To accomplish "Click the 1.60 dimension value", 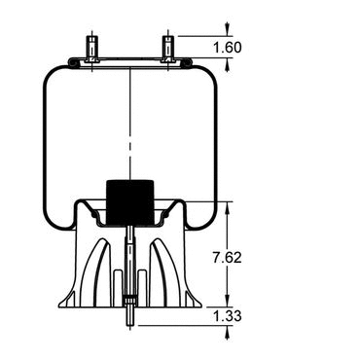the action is tap(228, 48).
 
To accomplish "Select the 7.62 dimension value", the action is tap(228, 258).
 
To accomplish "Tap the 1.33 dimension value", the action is tap(228, 316).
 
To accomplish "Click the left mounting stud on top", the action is tap(91, 49).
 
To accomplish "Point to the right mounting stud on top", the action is tap(167, 49).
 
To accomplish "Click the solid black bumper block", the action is tap(130, 202).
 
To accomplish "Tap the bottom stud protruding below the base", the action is tap(129, 316).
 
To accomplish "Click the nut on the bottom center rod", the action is tap(129, 300).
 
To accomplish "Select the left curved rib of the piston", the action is tap(96, 272).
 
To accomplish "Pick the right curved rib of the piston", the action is tap(163, 272).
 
